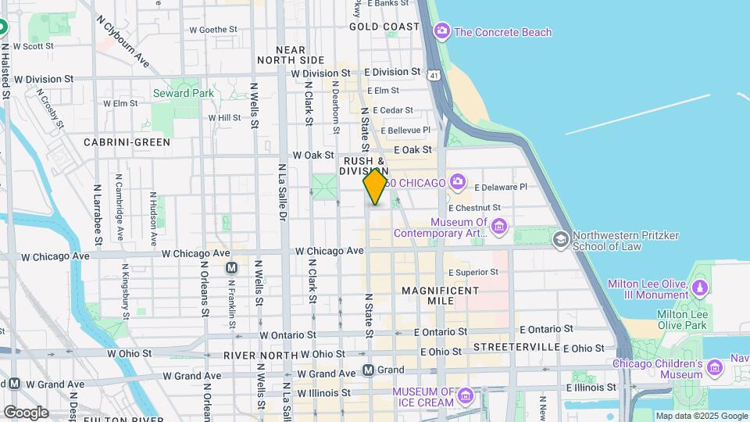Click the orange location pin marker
coord(375,187)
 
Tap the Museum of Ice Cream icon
coord(466,396)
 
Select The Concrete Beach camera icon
coord(442,32)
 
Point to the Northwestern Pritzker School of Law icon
coord(560,239)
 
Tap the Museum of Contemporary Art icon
coord(498,227)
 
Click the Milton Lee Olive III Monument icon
coord(701,289)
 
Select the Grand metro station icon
coord(368,370)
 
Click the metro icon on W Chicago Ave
coord(231,267)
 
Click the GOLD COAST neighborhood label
coord(384,26)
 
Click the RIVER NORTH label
coord(256,355)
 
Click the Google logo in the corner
coord(26,412)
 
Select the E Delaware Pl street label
coord(501,187)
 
